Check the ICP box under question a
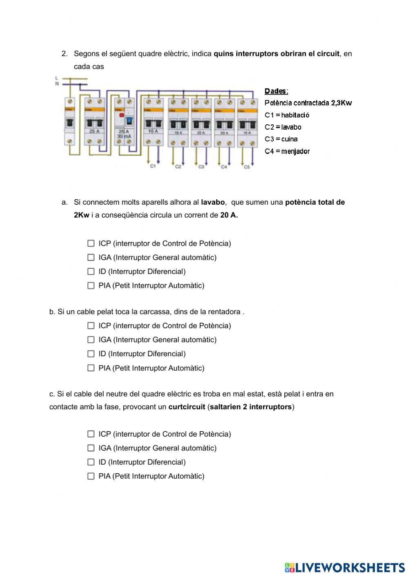click(91, 243)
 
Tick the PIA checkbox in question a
click(91, 286)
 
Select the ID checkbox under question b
click(91, 354)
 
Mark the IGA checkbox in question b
click(91, 340)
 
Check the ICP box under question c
click(91, 434)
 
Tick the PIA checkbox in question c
click(91, 476)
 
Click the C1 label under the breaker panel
click(153, 166)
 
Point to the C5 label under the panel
click(246, 167)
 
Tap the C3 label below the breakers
click(201, 167)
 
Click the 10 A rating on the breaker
click(153, 131)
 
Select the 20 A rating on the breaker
click(224, 132)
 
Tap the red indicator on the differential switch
click(121, 115)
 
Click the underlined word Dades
click(276, 91)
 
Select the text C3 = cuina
click(281, 139)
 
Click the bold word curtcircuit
click(186, 407)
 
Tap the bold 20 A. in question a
click(229, 215)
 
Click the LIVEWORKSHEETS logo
click(345, 567)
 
